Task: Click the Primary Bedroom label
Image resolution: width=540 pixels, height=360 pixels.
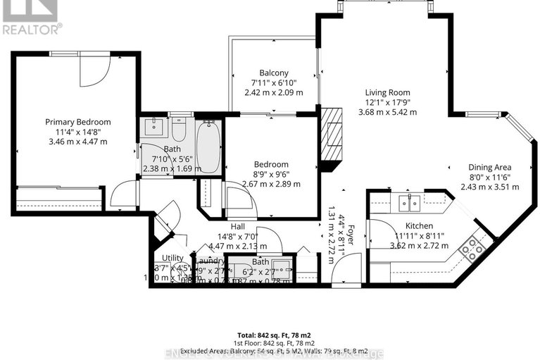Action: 77,122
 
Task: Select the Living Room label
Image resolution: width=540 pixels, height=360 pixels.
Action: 387,92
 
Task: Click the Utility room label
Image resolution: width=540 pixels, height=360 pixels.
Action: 172,258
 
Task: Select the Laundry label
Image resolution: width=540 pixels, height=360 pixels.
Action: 210,261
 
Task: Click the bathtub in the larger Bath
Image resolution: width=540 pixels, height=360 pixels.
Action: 208,147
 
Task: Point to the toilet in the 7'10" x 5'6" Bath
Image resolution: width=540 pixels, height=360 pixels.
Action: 178,130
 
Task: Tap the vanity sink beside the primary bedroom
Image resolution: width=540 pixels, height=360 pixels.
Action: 154,128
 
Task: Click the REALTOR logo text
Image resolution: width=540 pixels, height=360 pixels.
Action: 32,29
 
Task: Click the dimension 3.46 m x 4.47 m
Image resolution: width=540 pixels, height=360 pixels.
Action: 77,142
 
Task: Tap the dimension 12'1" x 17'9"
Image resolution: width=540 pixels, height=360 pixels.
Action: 387,102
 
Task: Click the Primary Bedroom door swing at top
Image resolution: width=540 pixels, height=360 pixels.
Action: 94,69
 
